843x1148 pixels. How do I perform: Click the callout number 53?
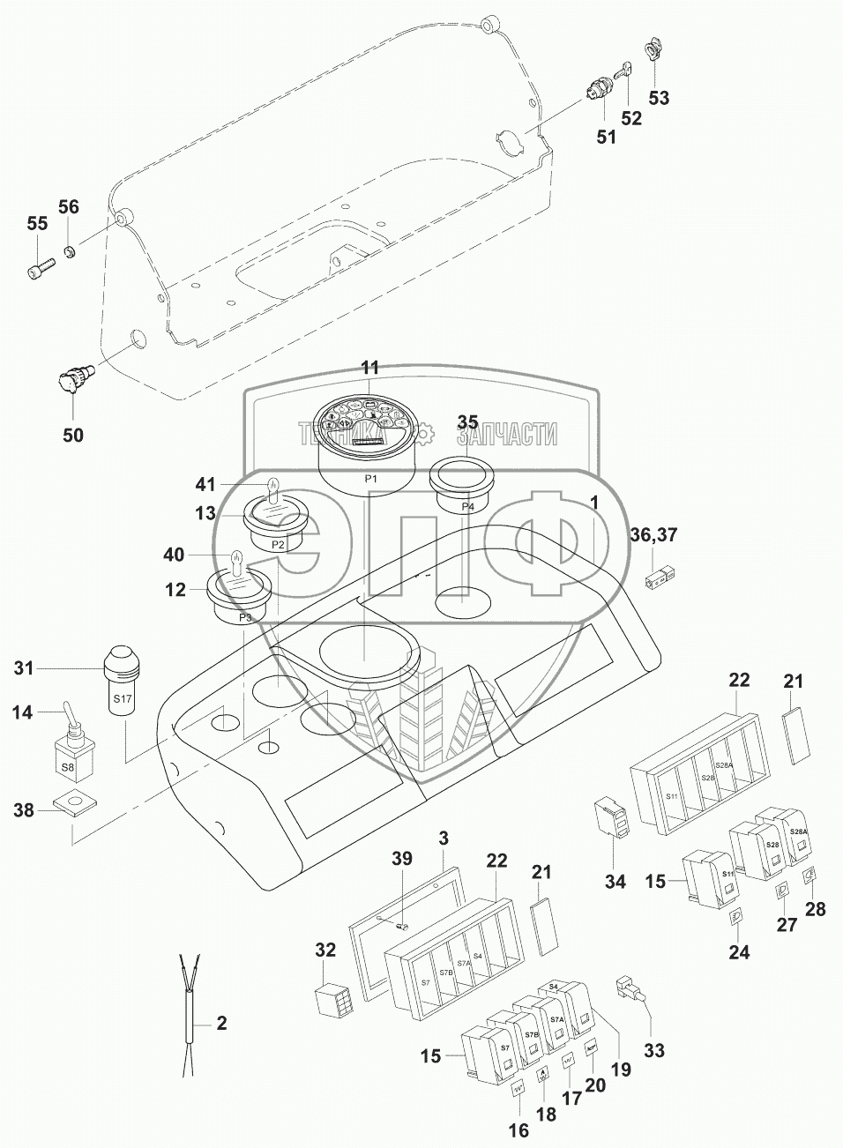click(659, 97)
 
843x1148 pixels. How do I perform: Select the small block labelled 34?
click(614, 816)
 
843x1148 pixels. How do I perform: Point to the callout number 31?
click(24, 669)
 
